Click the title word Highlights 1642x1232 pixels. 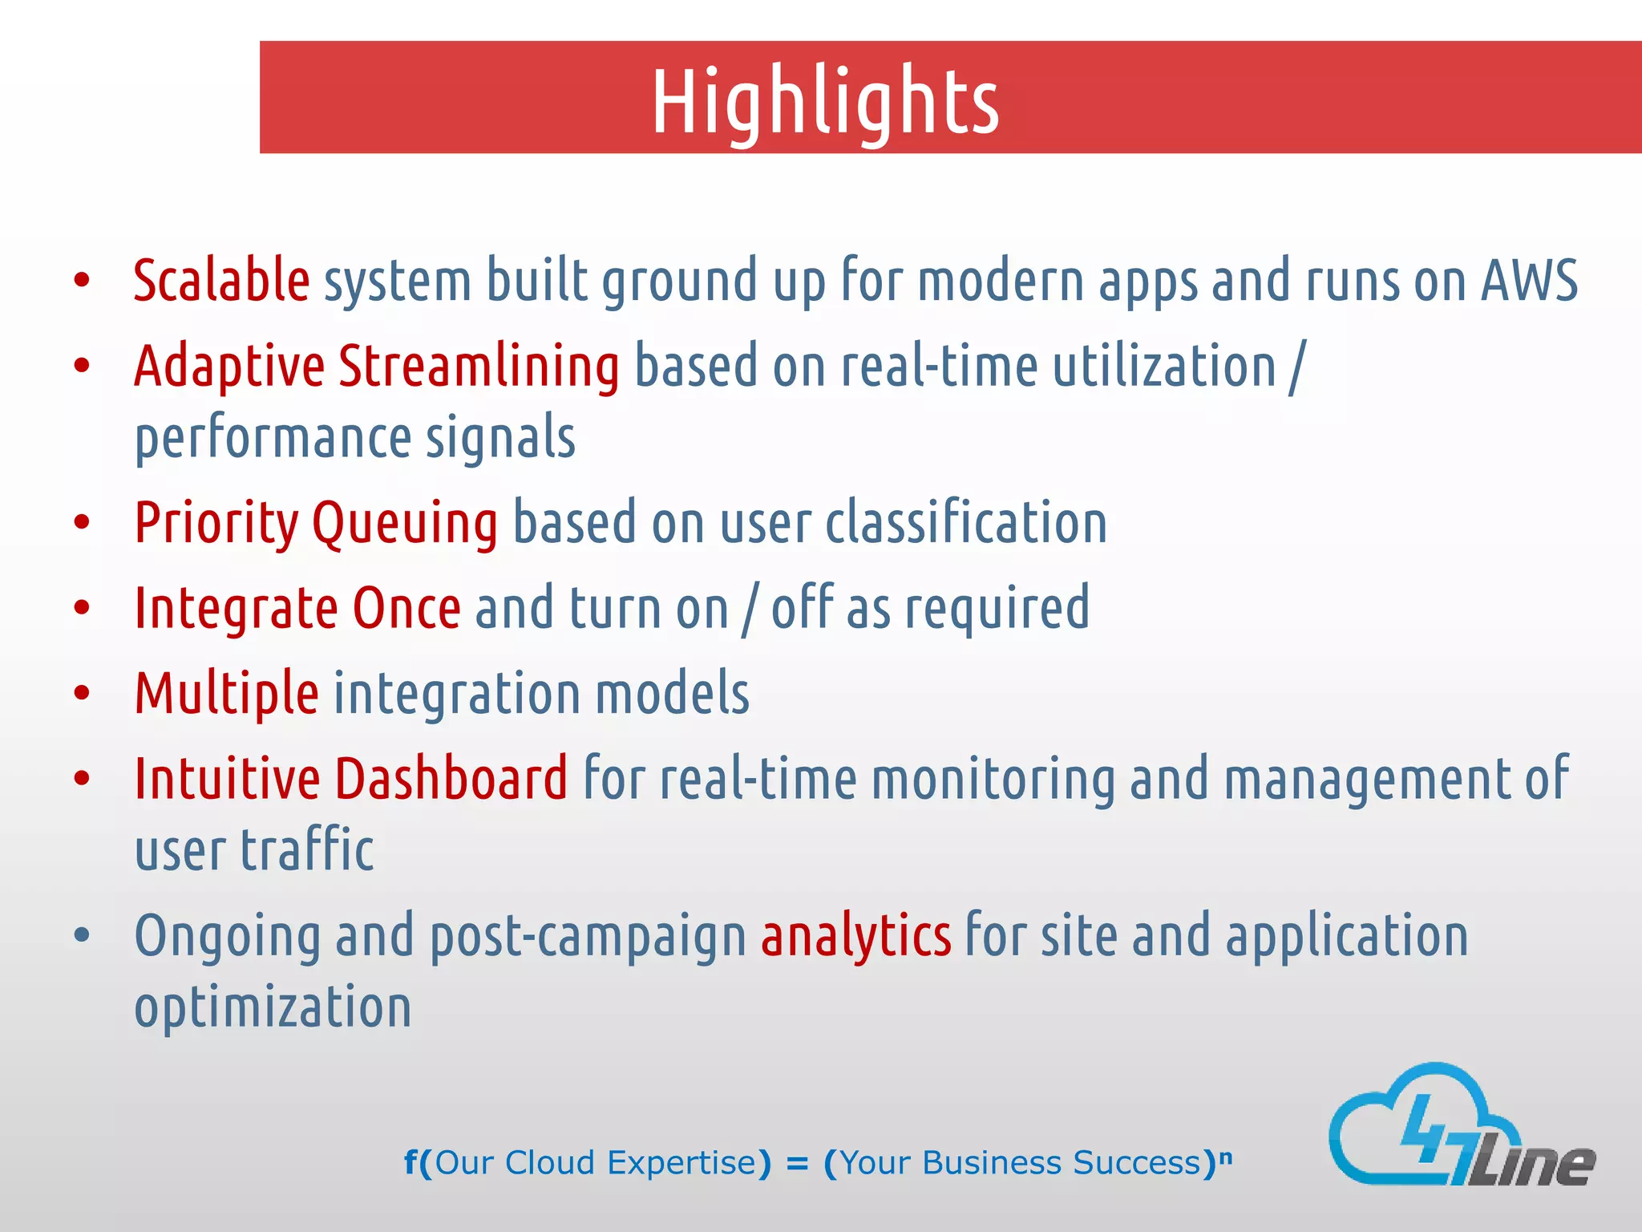pyautogui.click(x=825, y=102)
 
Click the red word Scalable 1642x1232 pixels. pyautogui.click(x=221, y=281)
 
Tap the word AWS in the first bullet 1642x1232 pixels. pyautogui.click(x=1529, y=281)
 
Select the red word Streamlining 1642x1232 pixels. pyautogui.click(x=479, y=367)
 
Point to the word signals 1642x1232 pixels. pyautogui.click(x=500, y=438)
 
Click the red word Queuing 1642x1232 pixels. pyautogui.click(x=405, y=523)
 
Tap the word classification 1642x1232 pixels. pyautogui.click(x=966, y=523)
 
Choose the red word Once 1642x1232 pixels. pyautogui.click(x=406, y=608)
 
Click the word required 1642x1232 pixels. pyautogui.click(x=997, y=608)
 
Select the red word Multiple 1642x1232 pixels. pyautogui.click(x=227, y=693)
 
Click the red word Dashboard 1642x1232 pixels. pyautogui.click(x=451, y=779)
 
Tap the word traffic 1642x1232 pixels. pyautogui.click(x=307, y=850)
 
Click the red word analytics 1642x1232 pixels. pyautogui.click(x=855, y=936)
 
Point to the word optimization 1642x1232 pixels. pyautogui.click(x=273, y=1007)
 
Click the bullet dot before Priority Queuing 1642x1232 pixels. pyautogui.click(x=82, y=523)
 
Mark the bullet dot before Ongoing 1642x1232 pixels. pyautogui.click(x=82, y=936)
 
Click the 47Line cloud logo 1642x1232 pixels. pyautogui.click(x=1459, y=1127)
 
